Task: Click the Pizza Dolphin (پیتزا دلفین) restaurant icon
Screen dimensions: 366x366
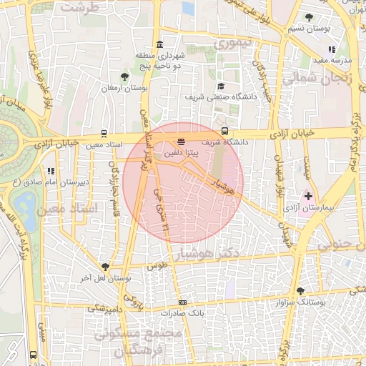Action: [181, 142]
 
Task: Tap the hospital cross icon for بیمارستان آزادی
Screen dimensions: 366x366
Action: [308, 195]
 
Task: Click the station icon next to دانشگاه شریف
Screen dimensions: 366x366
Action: [224, 131]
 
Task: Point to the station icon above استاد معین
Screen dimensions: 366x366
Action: [105, 133]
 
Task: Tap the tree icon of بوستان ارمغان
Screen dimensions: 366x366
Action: [125, 75]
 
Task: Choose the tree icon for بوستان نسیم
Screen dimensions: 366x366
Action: [309, 17]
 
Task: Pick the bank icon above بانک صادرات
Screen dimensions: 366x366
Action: [183, 302]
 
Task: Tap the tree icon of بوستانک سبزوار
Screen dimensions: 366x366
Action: [300, 291]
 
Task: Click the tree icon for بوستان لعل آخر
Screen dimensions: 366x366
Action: [106, 266]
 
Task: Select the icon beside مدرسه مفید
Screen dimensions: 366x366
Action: [331, 49]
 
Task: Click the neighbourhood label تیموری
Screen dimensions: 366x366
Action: [234, 44]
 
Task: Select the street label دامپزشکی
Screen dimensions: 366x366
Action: [104, 310]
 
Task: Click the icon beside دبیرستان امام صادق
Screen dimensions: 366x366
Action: [50, 171]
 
